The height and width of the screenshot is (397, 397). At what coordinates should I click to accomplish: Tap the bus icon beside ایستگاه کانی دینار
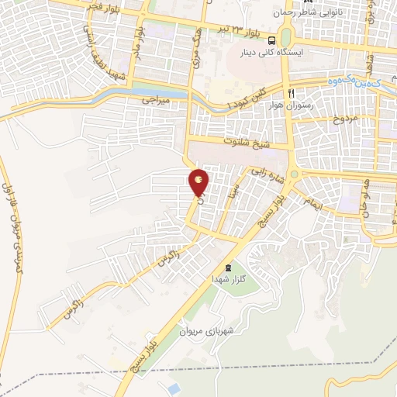pyautogui.click(x=271, y=41)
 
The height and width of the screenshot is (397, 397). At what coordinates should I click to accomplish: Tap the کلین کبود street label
pyautogui.click(x=247, y=98)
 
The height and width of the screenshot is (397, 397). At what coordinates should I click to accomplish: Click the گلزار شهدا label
pyautogui.click(x=228, y=278)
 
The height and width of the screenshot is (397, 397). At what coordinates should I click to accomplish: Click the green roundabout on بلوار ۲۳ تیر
pyautogui.click(x=286, y=38)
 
